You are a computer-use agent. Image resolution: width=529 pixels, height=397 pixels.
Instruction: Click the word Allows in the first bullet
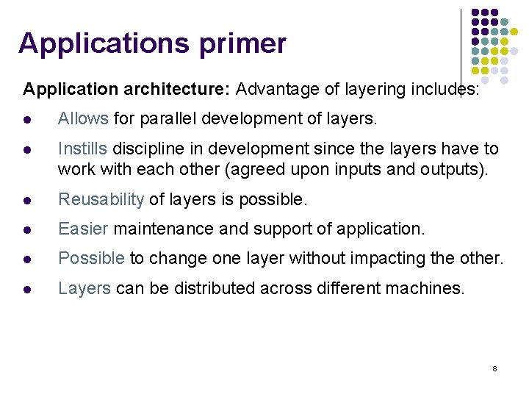point(83,118)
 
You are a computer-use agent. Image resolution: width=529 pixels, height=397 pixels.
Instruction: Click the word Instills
point(82,149)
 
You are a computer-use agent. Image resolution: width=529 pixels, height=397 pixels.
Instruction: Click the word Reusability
point(101,199)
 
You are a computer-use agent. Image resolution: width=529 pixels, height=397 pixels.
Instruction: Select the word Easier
point(83,229)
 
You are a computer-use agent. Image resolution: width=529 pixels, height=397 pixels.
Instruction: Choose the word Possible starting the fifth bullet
point(92,258)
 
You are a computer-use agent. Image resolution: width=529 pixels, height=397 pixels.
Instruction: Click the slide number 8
point(495,368)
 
